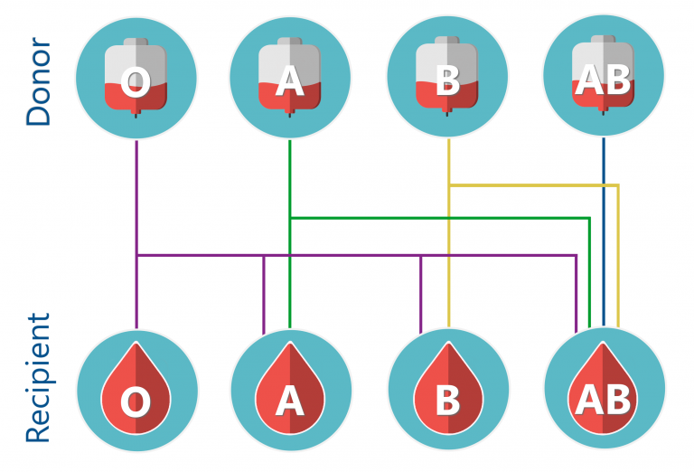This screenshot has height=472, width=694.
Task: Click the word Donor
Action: pyautogui.click(x=39, y=81)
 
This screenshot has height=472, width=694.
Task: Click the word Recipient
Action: pyautogui.click(x=39, y=378)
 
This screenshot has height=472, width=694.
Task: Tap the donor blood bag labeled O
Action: pyautogui.click(x=136, y=77)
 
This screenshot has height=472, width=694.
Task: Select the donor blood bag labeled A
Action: pyautogui.click(x=290, y=77)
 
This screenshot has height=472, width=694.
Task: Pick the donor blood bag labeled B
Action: pyautogui.click(x=447, y=76)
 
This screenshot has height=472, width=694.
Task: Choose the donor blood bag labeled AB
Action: pyautogui.click(x=604, y=75)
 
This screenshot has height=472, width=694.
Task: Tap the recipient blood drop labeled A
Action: pyautogui.click(x=290, y=387)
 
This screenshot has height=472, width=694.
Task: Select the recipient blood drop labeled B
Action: pyautogui.click(x=448, y=387)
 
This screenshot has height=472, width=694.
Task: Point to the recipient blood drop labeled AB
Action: pyautogui.click(x=603, y=387)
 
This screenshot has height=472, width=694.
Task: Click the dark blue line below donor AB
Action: pyautogui.click(x=604, y=232)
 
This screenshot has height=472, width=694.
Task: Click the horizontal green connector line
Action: pyautogui.click(x=439, y=218)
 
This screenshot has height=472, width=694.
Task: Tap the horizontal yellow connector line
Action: pyautogui.click(x=533, y=185)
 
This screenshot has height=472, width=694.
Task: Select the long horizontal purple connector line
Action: pyautogui.click(x=356, y=255)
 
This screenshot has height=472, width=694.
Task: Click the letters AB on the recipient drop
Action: pyautogui.click(x=603, y=400)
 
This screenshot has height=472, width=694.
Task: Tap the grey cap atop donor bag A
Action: pyautogui.click(x=290, y=42)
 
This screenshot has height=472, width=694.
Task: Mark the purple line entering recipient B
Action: pyautogui.click(x=420, y=295)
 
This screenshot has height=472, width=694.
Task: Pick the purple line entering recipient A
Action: pyautogui.click(x=264, y=295)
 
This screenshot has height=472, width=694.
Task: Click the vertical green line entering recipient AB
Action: pyautogui.click(x=589, y=273)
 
